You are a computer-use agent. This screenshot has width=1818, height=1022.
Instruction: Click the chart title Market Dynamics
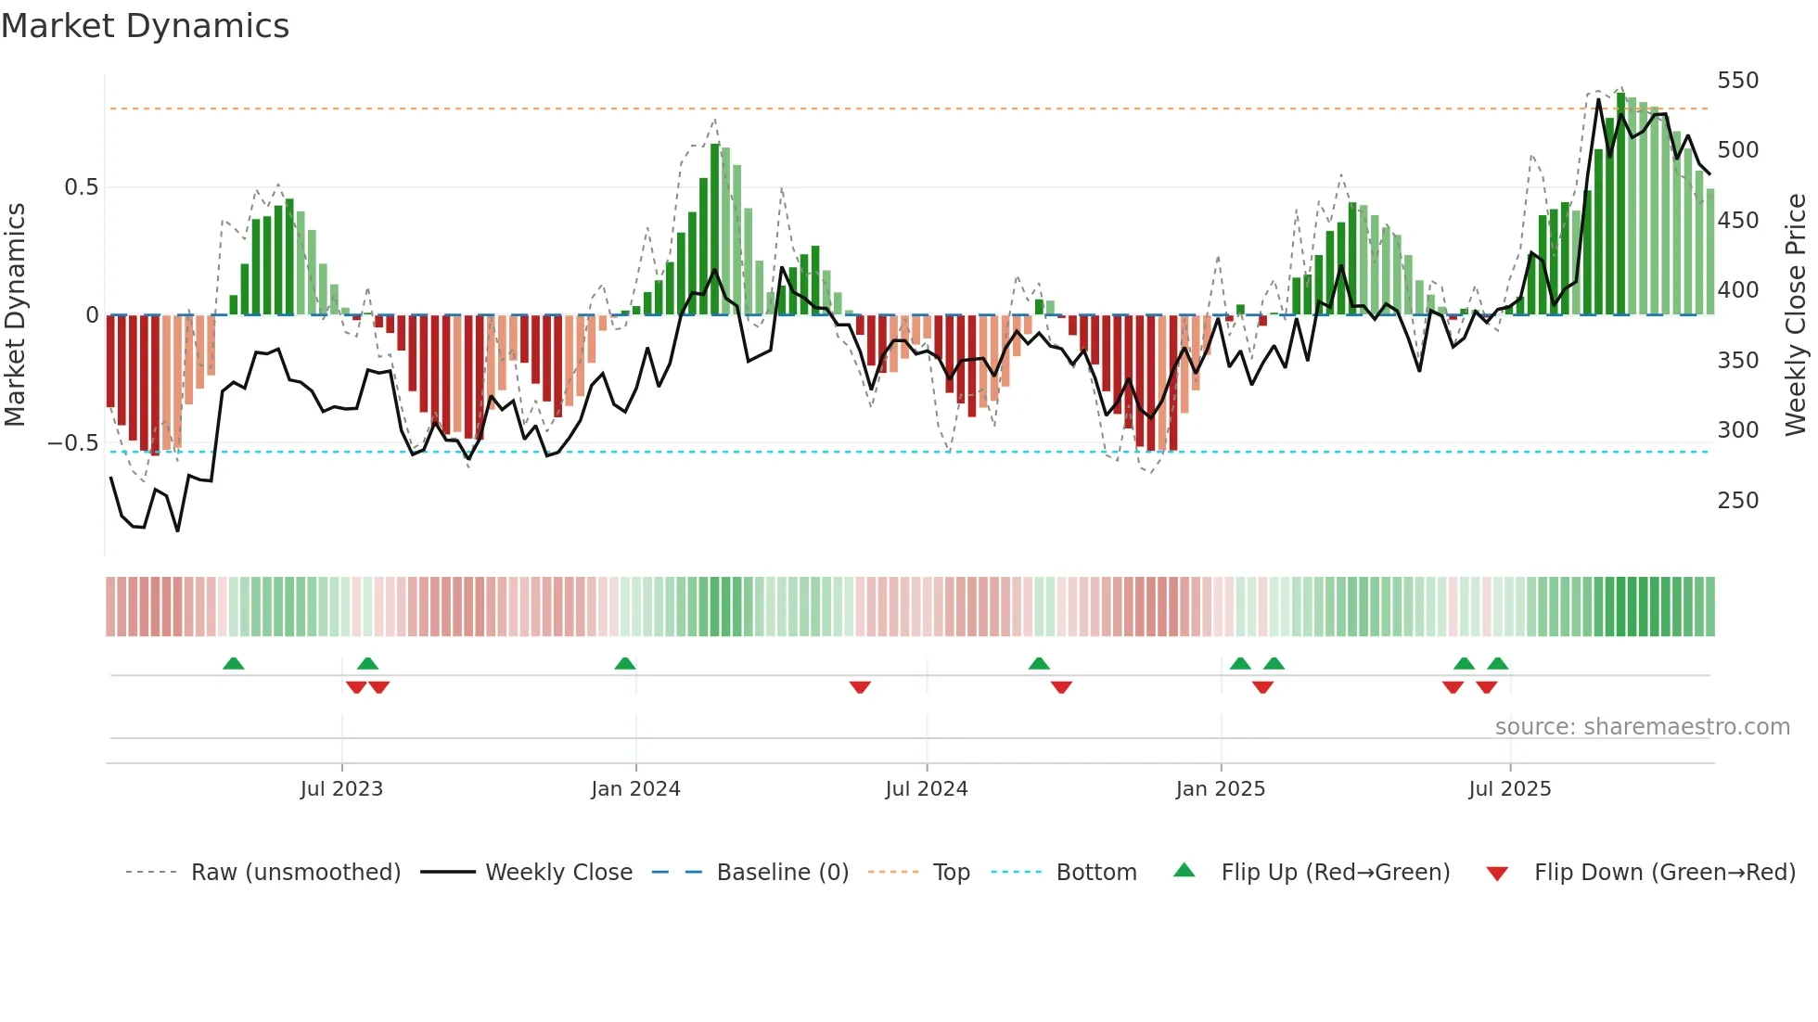[146, 26]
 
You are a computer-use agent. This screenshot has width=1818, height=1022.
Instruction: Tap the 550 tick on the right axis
[1737, 81]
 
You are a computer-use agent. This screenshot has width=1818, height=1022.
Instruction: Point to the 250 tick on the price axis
[1737, 501]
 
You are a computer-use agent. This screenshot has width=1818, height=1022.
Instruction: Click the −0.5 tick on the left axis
[72, 443]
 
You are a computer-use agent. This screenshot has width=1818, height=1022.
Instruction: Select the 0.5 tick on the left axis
[81, 187]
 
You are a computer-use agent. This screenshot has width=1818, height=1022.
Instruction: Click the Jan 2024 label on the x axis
[635, 789]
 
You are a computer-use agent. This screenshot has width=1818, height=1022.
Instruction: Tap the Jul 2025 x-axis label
[1509, 789]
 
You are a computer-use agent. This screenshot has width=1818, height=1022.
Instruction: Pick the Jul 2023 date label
[341, 789]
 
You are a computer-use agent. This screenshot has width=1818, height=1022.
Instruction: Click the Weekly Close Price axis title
[1796, 315]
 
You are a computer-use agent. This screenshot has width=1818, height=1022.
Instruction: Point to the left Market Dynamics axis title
[15, 315]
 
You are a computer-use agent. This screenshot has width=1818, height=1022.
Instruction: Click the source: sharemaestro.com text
[1642, 727]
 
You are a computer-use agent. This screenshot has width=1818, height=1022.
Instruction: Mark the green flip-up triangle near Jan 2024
[625, 664]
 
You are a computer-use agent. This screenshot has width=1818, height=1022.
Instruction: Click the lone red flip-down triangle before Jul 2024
[860, 687]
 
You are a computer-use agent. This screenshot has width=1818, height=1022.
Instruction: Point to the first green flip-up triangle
[234, 664]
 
